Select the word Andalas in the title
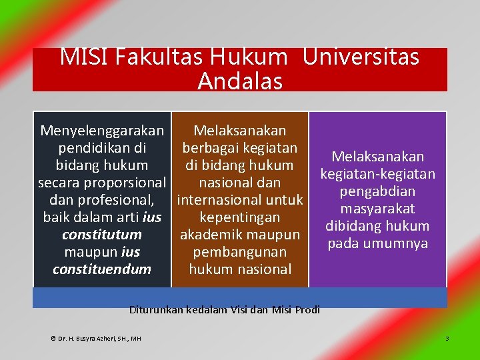coord(240,81)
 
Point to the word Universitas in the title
coord(361,57)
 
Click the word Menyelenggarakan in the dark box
coord(102,131)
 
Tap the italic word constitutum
coord(102,235)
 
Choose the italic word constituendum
coord(102,269)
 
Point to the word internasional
coord(220,200)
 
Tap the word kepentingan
coord(240,217)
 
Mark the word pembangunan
coord(240,252)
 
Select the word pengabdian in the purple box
coord(377,191)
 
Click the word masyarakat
coord(377,209)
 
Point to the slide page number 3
coord(447,339)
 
